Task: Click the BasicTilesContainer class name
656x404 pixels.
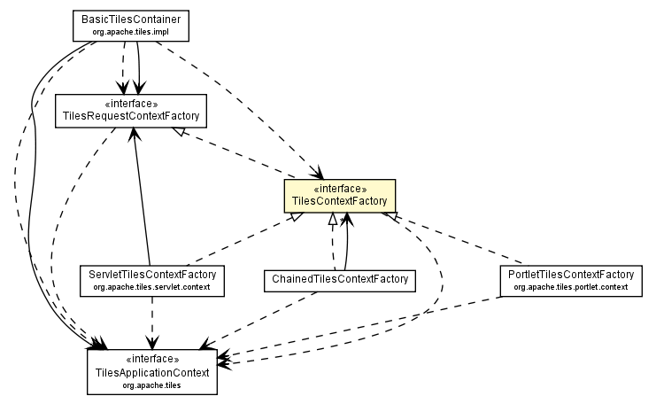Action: coord(130,19)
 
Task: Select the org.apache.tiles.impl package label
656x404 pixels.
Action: coord(130,32)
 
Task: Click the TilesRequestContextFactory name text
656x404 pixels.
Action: coord(130,116)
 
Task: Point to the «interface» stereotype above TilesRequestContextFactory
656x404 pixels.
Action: coord(130,103)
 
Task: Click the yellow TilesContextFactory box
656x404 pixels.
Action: coord(338,195)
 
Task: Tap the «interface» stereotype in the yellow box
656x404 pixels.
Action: coord(338,189)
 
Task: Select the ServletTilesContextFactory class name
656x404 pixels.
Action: coord(150,274)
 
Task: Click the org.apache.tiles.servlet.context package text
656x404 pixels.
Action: coord(150,287)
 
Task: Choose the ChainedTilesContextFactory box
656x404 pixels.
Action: coord(339,280)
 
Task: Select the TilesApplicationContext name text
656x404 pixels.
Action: coord(152,373)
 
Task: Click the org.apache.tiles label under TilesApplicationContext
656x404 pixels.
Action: coord(152,385)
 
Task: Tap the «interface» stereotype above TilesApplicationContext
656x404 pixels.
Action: coord(152,360)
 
